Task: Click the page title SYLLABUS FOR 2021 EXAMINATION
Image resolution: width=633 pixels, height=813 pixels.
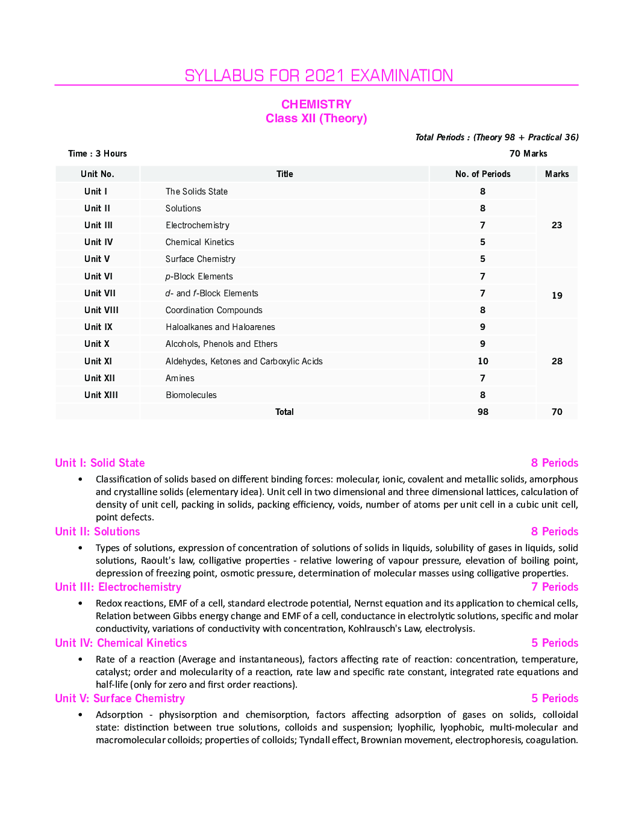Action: tap(319, 76)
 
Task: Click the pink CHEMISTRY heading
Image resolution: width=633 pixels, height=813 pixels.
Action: tap(316, 104)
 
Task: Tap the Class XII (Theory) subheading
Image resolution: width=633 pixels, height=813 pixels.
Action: tap(316, 119)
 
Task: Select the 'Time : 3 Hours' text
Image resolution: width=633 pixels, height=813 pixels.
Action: tap(98, 154)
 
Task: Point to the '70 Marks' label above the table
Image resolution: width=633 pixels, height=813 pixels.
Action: tap(528, 154)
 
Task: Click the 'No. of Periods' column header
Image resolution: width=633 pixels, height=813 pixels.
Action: tap(482, 174)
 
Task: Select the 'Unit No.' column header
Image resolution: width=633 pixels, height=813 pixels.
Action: tap(98, 174)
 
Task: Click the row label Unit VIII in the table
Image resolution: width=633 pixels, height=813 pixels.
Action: tap(101, 310)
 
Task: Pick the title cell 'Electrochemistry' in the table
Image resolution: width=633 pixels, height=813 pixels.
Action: tap(198, 225)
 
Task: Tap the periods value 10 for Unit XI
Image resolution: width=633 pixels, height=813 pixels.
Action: tap(482, 361)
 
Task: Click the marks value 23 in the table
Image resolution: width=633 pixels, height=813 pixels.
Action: tap(557, 225)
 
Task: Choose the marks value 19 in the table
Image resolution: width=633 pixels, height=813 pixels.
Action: tap(557, 296)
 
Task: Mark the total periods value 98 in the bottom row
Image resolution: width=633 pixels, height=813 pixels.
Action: tap(482, 412)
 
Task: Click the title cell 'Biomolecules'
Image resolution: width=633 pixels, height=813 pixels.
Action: tap(191, 395)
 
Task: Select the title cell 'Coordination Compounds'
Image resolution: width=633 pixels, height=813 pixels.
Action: tap(214, 310)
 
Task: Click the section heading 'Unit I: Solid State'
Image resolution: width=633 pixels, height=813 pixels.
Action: tap(100, 463)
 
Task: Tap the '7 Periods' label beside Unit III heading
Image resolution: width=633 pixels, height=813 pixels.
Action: tap(554, 587)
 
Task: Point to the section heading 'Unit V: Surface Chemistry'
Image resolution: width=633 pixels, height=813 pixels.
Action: tap(120, 699)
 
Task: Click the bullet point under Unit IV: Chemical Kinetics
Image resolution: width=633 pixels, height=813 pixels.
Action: tap(80, 659)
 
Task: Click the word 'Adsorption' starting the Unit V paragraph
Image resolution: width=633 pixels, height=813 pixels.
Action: tap(119, 715)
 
